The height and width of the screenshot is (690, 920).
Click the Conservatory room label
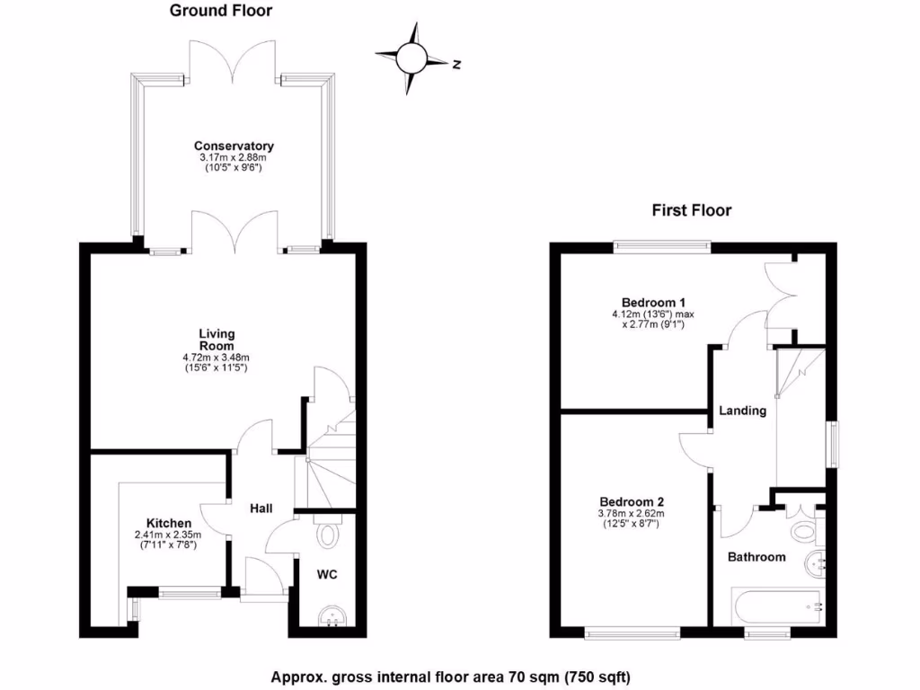click(x=234, y=146)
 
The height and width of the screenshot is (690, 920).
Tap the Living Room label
click(x=217, y=340)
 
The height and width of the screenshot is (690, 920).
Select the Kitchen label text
click(x=168, y=523)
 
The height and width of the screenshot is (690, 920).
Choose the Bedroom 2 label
click(x=631, y=501)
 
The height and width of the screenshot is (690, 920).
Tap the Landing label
click(x=742, y=411)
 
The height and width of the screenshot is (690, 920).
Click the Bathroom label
click(x=756, y=557)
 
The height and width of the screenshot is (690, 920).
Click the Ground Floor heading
click(x=221, y=11)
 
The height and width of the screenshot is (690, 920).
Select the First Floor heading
click(x=691, y=210)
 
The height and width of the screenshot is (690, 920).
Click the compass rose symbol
click(x=413, y=59)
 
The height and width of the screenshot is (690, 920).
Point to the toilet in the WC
click(x=328, y=535)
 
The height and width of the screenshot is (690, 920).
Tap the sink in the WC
click(x=333, y=616)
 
